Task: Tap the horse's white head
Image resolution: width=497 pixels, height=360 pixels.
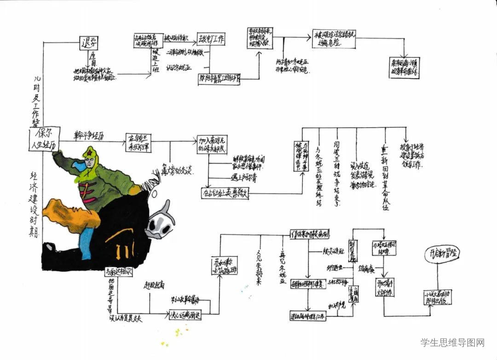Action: pos(158,224)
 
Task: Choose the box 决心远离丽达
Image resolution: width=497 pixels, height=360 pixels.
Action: pos(185,315)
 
